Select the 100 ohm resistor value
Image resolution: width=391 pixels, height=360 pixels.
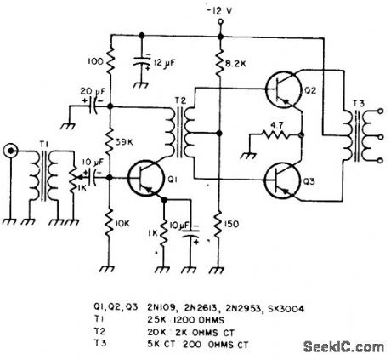[95, 63]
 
